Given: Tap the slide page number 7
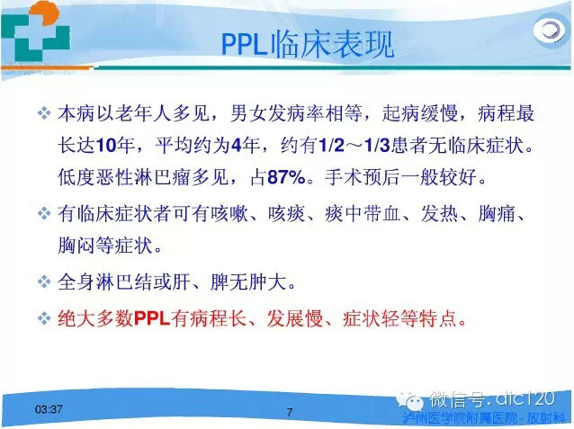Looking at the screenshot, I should pyautogui.click(x=290, y=412).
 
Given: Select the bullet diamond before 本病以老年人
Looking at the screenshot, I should pyautogui.click(x=44, y=114).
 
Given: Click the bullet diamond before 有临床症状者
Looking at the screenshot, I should pyautogui.click(x=44, y=214).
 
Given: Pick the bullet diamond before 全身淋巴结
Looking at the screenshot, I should pyautogui.click(x=44, y=282).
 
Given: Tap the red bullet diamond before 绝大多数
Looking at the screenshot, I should pyautogui.click(x=44, y=318).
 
